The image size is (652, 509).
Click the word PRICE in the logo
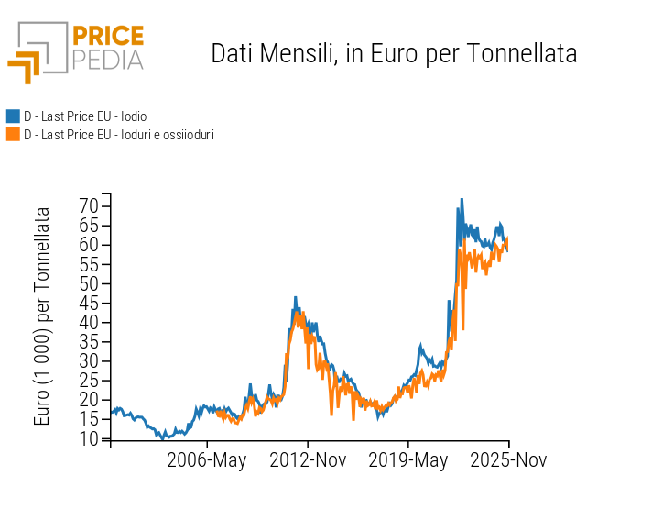click(107, 37)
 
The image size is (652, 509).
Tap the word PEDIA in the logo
click(107, 60)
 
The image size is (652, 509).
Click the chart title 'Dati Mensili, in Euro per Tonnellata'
click(394, 53)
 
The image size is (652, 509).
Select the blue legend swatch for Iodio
click(13, 116)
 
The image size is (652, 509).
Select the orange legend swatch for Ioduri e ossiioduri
click(13, 135)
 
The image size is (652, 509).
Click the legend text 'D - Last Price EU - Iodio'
click(85, 116)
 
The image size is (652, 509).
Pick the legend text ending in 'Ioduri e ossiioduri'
click(119, 135)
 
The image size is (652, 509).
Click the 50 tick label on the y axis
click(88, 283)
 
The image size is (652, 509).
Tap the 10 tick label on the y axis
click(88, 438)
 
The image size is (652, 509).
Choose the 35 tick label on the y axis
click(88, 341)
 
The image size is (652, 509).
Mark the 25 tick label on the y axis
click(88, 381)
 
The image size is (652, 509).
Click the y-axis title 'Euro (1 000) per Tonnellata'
click(43, 315)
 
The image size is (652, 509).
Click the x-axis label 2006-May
click(207, 460)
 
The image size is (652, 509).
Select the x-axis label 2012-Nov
click(308, 460)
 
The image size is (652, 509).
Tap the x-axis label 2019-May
click(408, 460)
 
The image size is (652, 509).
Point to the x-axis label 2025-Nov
click(508, 460)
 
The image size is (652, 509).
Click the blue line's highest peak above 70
click(462, 199)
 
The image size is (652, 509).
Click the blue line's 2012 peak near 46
click(295, 297)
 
